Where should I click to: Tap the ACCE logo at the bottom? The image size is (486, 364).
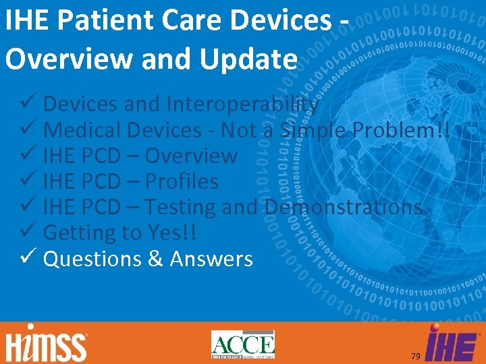pyautogui.click(x=243, y=344)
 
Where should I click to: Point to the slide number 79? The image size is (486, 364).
pyautogui.click(x=416, y=355)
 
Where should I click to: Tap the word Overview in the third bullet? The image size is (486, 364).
pyautogui.click(x=191, y=156)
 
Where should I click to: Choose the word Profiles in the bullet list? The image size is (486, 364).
pyautogui.click(x=182, y=181)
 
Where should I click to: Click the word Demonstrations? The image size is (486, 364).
pyautogui.click(x=344, y=207)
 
